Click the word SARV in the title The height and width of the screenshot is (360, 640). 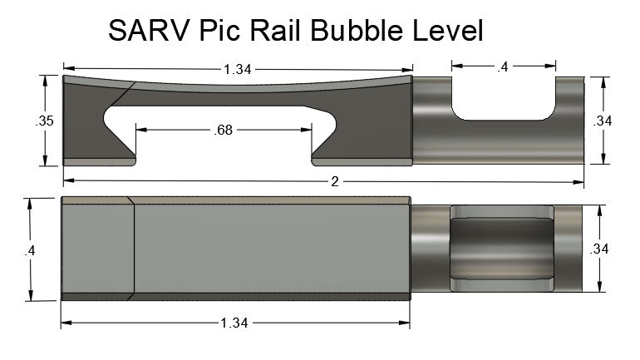pos(149,30)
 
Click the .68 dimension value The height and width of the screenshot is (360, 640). pos(223,131)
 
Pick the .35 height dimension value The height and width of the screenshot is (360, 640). pos(44,121)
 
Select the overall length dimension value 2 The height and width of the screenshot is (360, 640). pos(335,181)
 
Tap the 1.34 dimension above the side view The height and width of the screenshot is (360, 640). pos(237,69)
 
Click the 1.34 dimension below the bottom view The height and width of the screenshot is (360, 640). pos(234,323)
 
